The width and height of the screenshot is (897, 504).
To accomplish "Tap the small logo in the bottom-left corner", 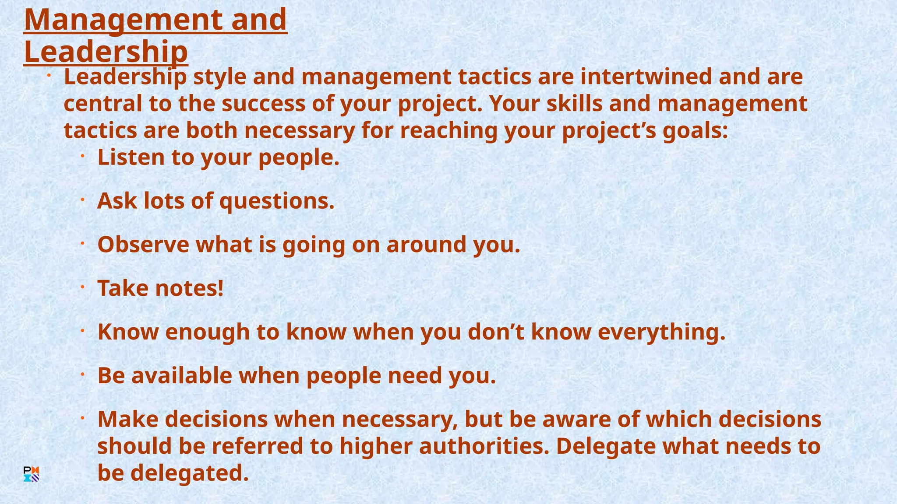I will point(31,474).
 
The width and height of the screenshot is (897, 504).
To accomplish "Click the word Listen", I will point(131,157).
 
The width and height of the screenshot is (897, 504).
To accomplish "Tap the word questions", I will point(277,202).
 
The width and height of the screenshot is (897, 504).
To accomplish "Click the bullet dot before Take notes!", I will point(82,287).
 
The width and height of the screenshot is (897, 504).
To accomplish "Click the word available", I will point(181,375).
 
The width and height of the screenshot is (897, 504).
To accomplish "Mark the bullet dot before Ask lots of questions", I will point(82,200).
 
